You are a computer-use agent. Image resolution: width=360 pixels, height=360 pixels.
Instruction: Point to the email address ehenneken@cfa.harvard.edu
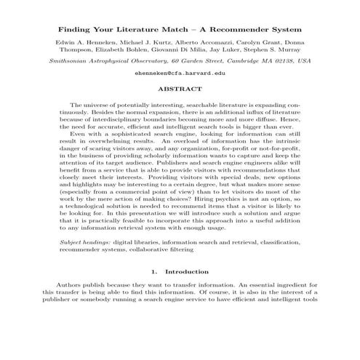(x=180, y=74)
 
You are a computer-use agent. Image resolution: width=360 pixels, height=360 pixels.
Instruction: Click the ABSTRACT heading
(x=180, y=90)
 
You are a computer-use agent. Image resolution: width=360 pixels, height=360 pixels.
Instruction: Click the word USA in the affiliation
(x=304, y=62)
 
